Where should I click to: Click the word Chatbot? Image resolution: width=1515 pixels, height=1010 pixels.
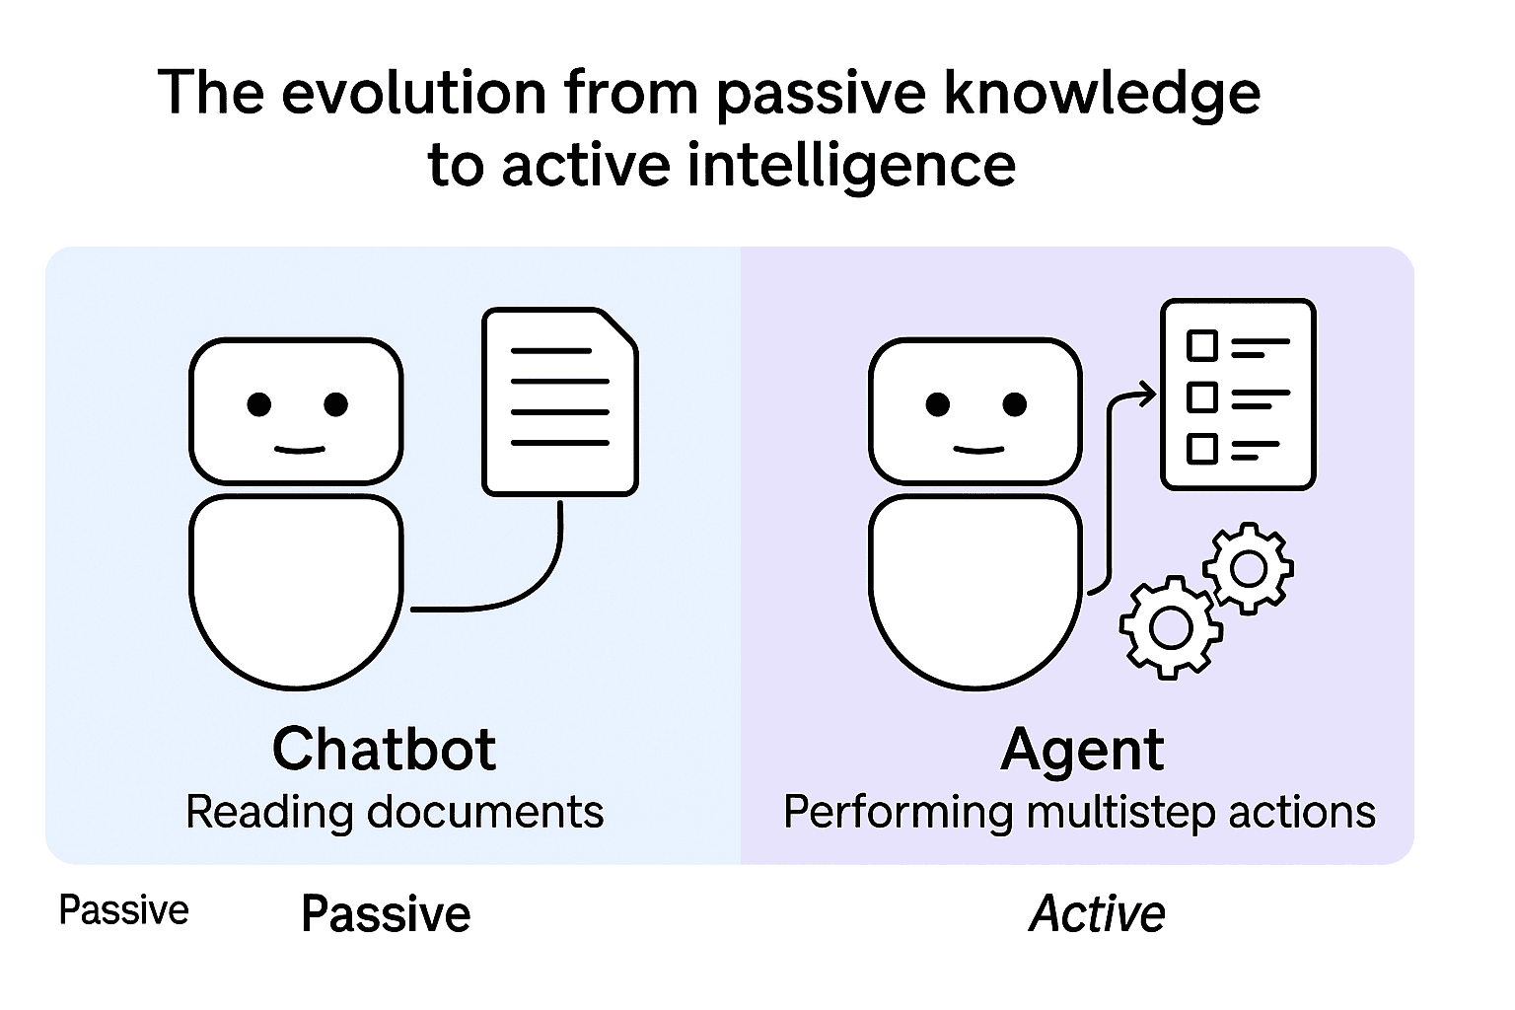tap(384, 749)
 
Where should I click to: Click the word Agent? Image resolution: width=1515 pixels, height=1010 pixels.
tap(1082, 751)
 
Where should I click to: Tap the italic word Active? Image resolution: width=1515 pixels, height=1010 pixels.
tap(1097, 913)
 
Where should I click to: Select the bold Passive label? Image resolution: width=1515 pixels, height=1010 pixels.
tap(386, 913)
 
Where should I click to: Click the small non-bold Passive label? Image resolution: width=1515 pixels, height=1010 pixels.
tap(123, 909)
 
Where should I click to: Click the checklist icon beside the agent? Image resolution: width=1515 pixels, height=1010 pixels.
tap(1238, 395)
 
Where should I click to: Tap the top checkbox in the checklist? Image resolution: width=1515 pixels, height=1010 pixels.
tap(1201, 346)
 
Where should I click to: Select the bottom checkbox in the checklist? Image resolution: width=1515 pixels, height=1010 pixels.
tap(1201, 449)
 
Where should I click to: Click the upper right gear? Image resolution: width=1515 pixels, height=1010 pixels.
tap(1249, 568)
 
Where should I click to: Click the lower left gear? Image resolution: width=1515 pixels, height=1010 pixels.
tap(1171, 628)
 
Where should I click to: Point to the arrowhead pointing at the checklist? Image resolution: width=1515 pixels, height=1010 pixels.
tap(1146, 396)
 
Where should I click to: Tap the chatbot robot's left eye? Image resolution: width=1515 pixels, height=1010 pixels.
tap(259, 404)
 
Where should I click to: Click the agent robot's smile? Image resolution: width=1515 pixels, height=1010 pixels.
tap(978, 450)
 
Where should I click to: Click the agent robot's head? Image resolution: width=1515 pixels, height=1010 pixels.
tap(974, 410)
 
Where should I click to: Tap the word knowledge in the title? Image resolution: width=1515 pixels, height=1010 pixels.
tap(1102, 93)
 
